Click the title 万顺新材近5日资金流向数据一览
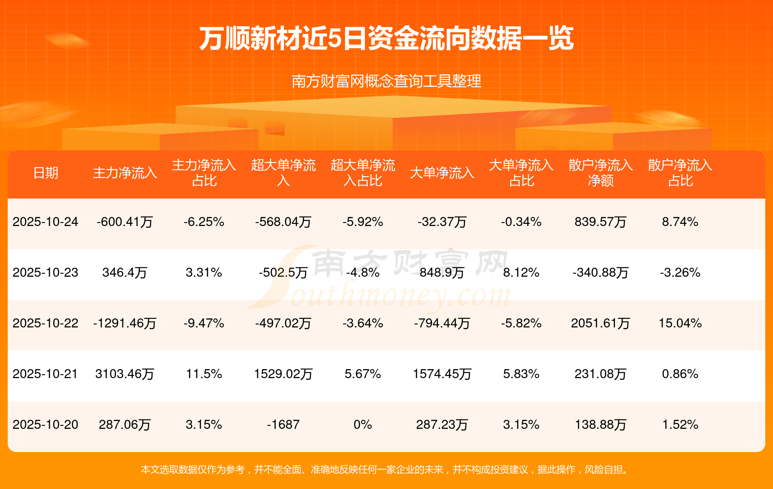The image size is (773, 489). [x=386, y=39]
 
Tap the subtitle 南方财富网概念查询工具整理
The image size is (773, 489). [x=386, y=81]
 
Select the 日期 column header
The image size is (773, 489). [x=46, y=173]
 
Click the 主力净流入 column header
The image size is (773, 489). [x=125, y=173]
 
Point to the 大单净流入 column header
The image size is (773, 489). [x=442, y=173]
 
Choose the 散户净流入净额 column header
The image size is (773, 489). [x=600, y=173]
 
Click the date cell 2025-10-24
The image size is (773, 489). [x=46, y=222]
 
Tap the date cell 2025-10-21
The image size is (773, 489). [x=46, y=374]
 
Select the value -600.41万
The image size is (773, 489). [x=125, y=222]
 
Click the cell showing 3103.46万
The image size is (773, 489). [x=125, y=374]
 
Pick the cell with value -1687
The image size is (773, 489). [x=283, y=425]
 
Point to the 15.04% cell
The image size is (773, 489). [x=680, y=323]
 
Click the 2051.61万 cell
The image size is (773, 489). [x=600, y=323]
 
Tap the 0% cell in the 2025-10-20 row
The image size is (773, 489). [x=363, y=425]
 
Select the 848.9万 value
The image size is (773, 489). [x=442, y=272]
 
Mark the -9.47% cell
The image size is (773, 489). [x=204, y=323]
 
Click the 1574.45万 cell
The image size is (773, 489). [x=442, y=374]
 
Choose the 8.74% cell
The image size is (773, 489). [x=680, y=222]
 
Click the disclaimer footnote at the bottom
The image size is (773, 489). [x=386, y=470]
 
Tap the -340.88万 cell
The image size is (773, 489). [x=600, y=272]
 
